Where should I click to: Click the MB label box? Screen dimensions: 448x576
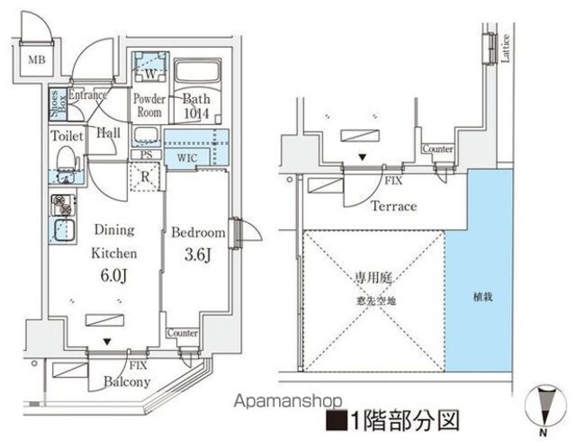pyautogui.click(x=35, y=61)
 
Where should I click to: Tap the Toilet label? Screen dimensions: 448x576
pyautogui.click(x=67, y=135)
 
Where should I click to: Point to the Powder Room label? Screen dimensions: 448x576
pyautogui.click(x=148, y=106)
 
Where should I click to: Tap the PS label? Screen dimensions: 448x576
pyautogui.click(x=146, y=155)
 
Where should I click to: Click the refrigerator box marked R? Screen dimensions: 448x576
pyautogui.click(x=146, y=176)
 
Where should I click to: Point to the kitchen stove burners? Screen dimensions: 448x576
pyautogui.click(x=62, y=202)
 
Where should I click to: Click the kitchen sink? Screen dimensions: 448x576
pyautogui.click(x=63, y=228)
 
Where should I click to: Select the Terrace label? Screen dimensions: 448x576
pyautogui.click(x=393, y=206)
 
